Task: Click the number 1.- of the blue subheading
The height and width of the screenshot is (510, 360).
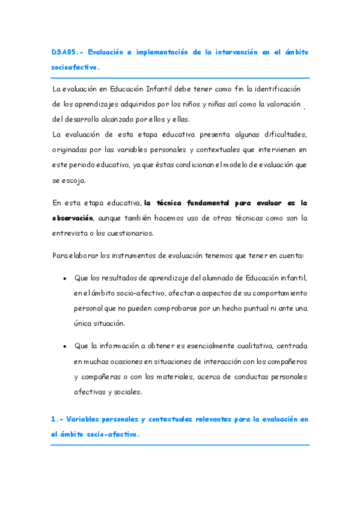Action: click(x=57, y=419)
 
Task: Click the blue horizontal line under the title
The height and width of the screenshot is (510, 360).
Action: click(x=180, y=78)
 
